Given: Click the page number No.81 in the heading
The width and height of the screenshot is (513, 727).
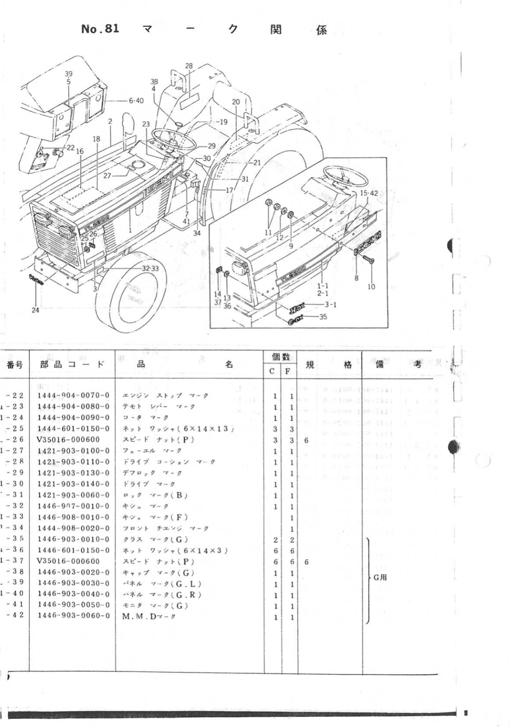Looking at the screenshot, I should click(x=100, y=29).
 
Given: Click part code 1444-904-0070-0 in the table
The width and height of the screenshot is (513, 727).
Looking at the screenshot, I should click(x=73, y=395).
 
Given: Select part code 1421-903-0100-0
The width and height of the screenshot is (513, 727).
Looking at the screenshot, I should click(x=73, y=451).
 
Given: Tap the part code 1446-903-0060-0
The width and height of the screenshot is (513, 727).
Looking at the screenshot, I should click(x=73, y=616).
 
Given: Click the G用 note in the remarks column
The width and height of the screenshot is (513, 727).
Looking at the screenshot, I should click(x=380, y=578).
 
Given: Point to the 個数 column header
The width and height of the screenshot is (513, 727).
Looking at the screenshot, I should click(x=281, y=357).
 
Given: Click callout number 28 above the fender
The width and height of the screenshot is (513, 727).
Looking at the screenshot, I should click(x=188, y=66).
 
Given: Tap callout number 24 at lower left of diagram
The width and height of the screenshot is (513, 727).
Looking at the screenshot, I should click(x=35, y=310).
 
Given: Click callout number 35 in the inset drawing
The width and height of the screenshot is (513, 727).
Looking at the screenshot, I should click(x=323, y=317).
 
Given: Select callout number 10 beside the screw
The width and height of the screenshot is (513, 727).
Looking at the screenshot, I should click(x=371, y=286).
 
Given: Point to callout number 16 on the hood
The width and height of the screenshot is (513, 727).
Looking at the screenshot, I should click(x=80, y=151).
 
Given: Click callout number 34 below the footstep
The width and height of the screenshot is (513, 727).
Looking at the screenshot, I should click(x=197, y=233).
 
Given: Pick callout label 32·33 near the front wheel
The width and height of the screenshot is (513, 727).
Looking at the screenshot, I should click(x=150, y=268).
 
